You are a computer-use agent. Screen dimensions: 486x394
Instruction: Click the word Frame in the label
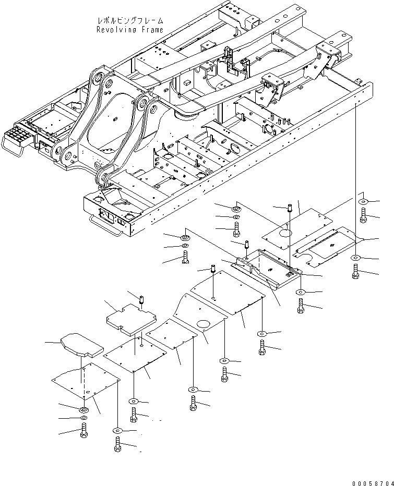click(151, 30)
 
